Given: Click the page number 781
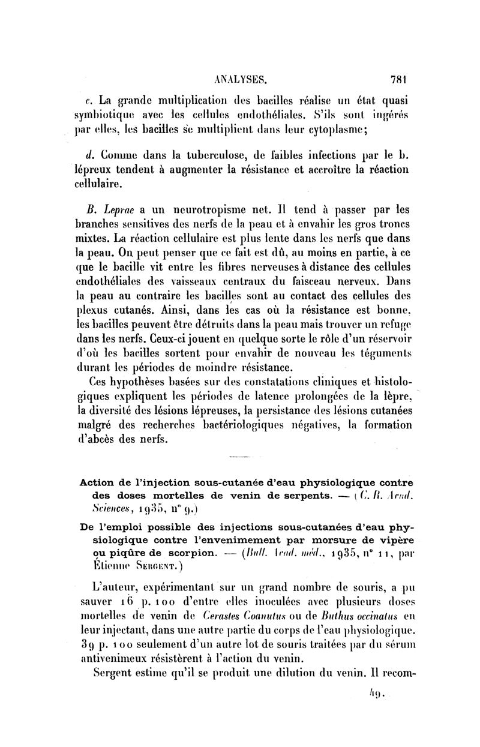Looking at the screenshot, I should click(398, 78).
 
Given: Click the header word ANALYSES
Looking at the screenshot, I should click(239, 78).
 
